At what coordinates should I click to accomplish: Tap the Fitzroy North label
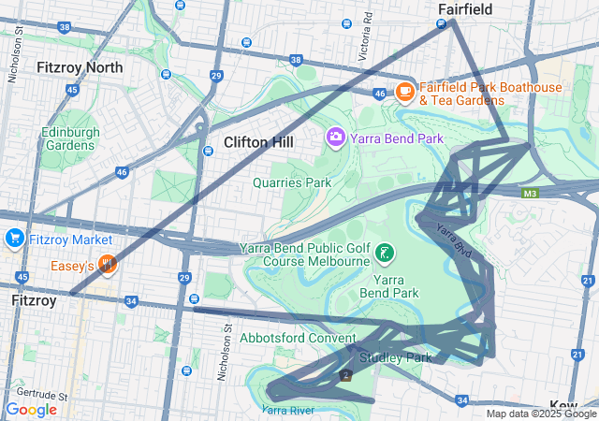coord(79,67)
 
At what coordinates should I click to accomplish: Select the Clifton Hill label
coord(258,142)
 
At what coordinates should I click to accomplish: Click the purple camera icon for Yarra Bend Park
coord(335,138)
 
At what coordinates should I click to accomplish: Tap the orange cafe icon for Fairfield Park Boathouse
coord(405,91)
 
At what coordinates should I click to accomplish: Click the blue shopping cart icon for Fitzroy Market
coord(14,238)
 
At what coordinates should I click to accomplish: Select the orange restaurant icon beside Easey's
coord(108,265)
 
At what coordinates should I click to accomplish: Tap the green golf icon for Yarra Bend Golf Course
coord(384,253)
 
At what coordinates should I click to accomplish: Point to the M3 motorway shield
coord(531,194)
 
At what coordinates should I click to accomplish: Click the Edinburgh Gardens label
coord(70,139)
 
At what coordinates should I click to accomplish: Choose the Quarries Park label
coord(292,182)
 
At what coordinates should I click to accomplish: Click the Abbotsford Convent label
coord(298,338)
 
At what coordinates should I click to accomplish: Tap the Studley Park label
coord(394,357)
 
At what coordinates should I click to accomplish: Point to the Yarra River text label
coord(287,410)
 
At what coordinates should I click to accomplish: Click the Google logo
coord(31,410)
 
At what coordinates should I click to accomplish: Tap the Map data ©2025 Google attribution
coord(541,414)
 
